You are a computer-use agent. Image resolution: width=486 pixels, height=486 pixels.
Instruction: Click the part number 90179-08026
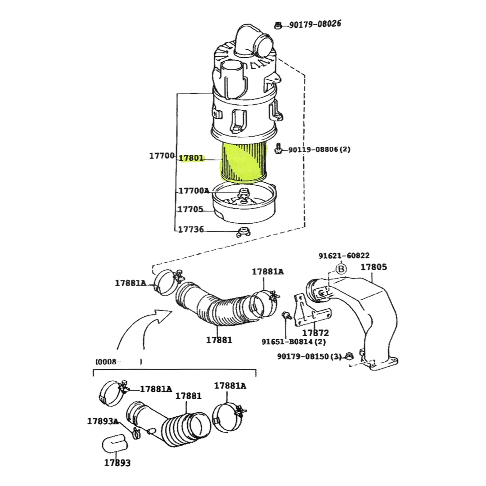click(x=315, y=23)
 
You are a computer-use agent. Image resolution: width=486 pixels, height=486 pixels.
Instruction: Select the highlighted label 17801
click(x=191, y=158)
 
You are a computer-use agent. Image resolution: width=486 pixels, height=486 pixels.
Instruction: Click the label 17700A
click(x=194, y=191)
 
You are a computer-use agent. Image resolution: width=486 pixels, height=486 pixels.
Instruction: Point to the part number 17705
click(x=190, y=209)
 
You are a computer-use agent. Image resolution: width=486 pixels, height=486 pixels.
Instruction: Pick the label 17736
click(x=191, y=229)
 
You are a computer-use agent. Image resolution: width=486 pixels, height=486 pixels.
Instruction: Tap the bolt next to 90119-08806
click(x=279, y=148)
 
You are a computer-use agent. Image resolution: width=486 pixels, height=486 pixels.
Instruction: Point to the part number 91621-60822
click(x=344, y=256)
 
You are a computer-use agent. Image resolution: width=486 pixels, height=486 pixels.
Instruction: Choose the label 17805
click(x=373, y=267)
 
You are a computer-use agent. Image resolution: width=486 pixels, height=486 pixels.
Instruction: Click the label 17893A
click(x=103, y=421)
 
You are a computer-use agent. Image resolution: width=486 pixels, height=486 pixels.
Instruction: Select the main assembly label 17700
click(x=162, y=156)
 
